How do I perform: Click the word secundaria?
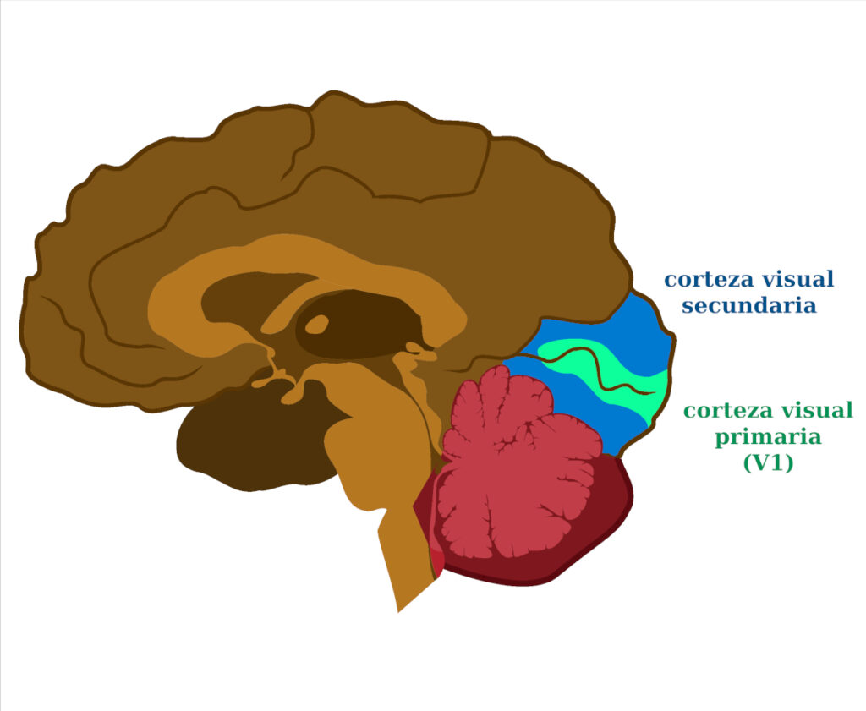click(749, 305)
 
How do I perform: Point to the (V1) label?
click(768, 462)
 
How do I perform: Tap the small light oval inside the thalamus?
click(317, 325)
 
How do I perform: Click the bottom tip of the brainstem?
click(398, 611)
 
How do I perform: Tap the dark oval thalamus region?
click(359, 325)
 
